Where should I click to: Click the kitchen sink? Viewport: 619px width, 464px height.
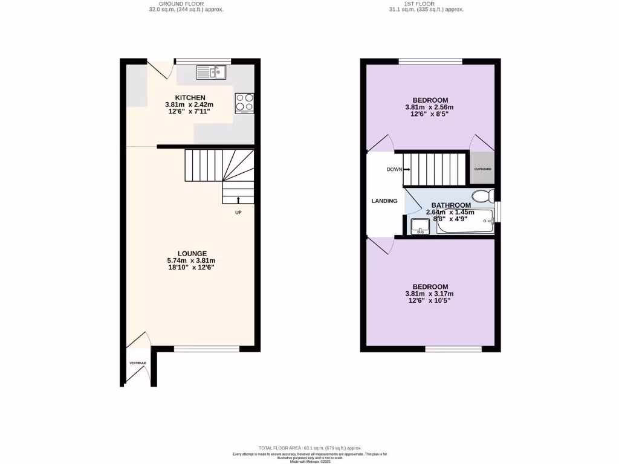pyautogui.click(x=210, y=72)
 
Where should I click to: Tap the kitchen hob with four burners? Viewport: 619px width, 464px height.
pyautogui.click(x=245, y=103)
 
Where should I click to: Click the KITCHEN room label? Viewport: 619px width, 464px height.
pyautogui.click(x=190, y=98)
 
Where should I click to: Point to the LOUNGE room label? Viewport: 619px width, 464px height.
pyautogui.click(x=192, y=254)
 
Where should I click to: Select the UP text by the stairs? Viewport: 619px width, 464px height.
pyautogui.click(x=238, y=213)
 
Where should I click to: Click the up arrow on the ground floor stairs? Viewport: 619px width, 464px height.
pyautogui.click(x=238, y=200)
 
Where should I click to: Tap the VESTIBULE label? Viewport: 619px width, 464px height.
pyautogui.click(x=138, y=362)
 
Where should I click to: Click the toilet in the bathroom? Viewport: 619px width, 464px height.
pyautogui.click(x=483, y=196)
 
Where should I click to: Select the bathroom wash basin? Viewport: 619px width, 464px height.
pyautogui.click(x=420, y=227)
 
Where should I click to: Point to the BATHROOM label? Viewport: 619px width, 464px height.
pyautogui.click(x=450, y=205)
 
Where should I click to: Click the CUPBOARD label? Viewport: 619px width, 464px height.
pyautogui.click(x=482, y=169)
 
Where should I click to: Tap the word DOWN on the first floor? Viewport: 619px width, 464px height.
pyautogui.click(x=394, y=169)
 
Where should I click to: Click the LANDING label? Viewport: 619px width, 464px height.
pyautogui.click(x=384, y=201)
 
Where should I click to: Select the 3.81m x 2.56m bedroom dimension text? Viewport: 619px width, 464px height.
pyautogui.click(x=429, y=108)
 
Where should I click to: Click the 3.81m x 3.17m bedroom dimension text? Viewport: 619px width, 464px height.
pyautogui.click(x=430, y=294)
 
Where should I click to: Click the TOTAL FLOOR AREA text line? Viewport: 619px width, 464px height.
pyautogui.click(x=309, y=448)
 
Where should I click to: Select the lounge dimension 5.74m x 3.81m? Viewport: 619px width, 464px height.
pyautogui.click(x=192, y=260)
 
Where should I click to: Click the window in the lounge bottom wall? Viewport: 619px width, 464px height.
pyautogui.click(x=207, y=349)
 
